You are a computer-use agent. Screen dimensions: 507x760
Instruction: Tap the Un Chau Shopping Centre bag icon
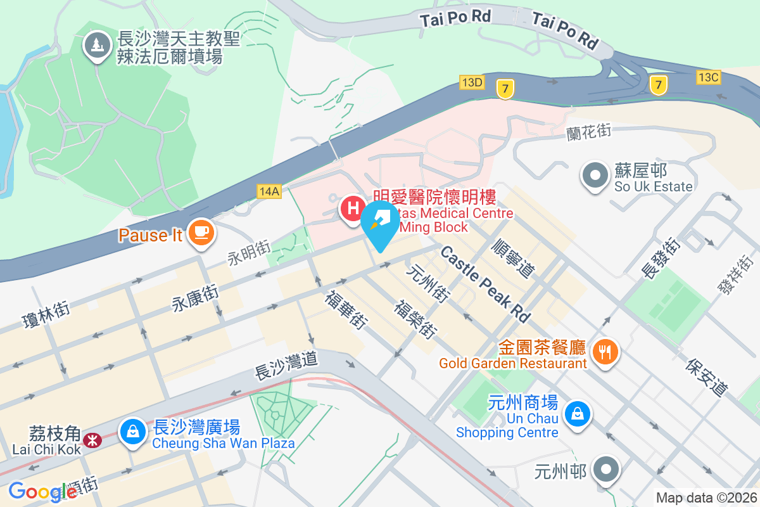pos(577,414)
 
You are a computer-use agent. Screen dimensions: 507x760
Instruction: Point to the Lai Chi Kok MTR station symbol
pos(93,439)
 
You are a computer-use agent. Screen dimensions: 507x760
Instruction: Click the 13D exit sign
pos(472,82)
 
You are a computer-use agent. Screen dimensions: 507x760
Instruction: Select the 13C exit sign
pos(708,77)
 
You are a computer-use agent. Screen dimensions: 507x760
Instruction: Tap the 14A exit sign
pos(269,190)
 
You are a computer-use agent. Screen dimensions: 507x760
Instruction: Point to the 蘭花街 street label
pos(588,132)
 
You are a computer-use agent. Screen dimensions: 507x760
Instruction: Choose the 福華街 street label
pos(346,310)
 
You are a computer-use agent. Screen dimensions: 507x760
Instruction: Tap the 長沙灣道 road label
pos(286,365)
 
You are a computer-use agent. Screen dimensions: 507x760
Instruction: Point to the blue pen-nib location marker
pos(380,224)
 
